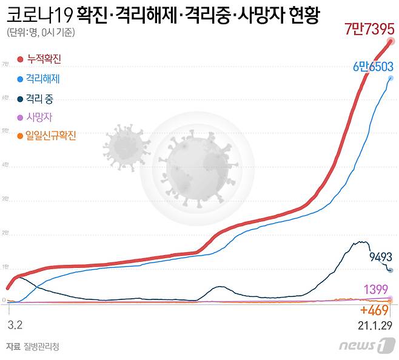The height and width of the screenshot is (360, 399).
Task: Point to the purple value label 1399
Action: [x=377, y=288]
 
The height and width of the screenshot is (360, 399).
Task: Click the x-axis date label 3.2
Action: [x=15, y=325]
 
